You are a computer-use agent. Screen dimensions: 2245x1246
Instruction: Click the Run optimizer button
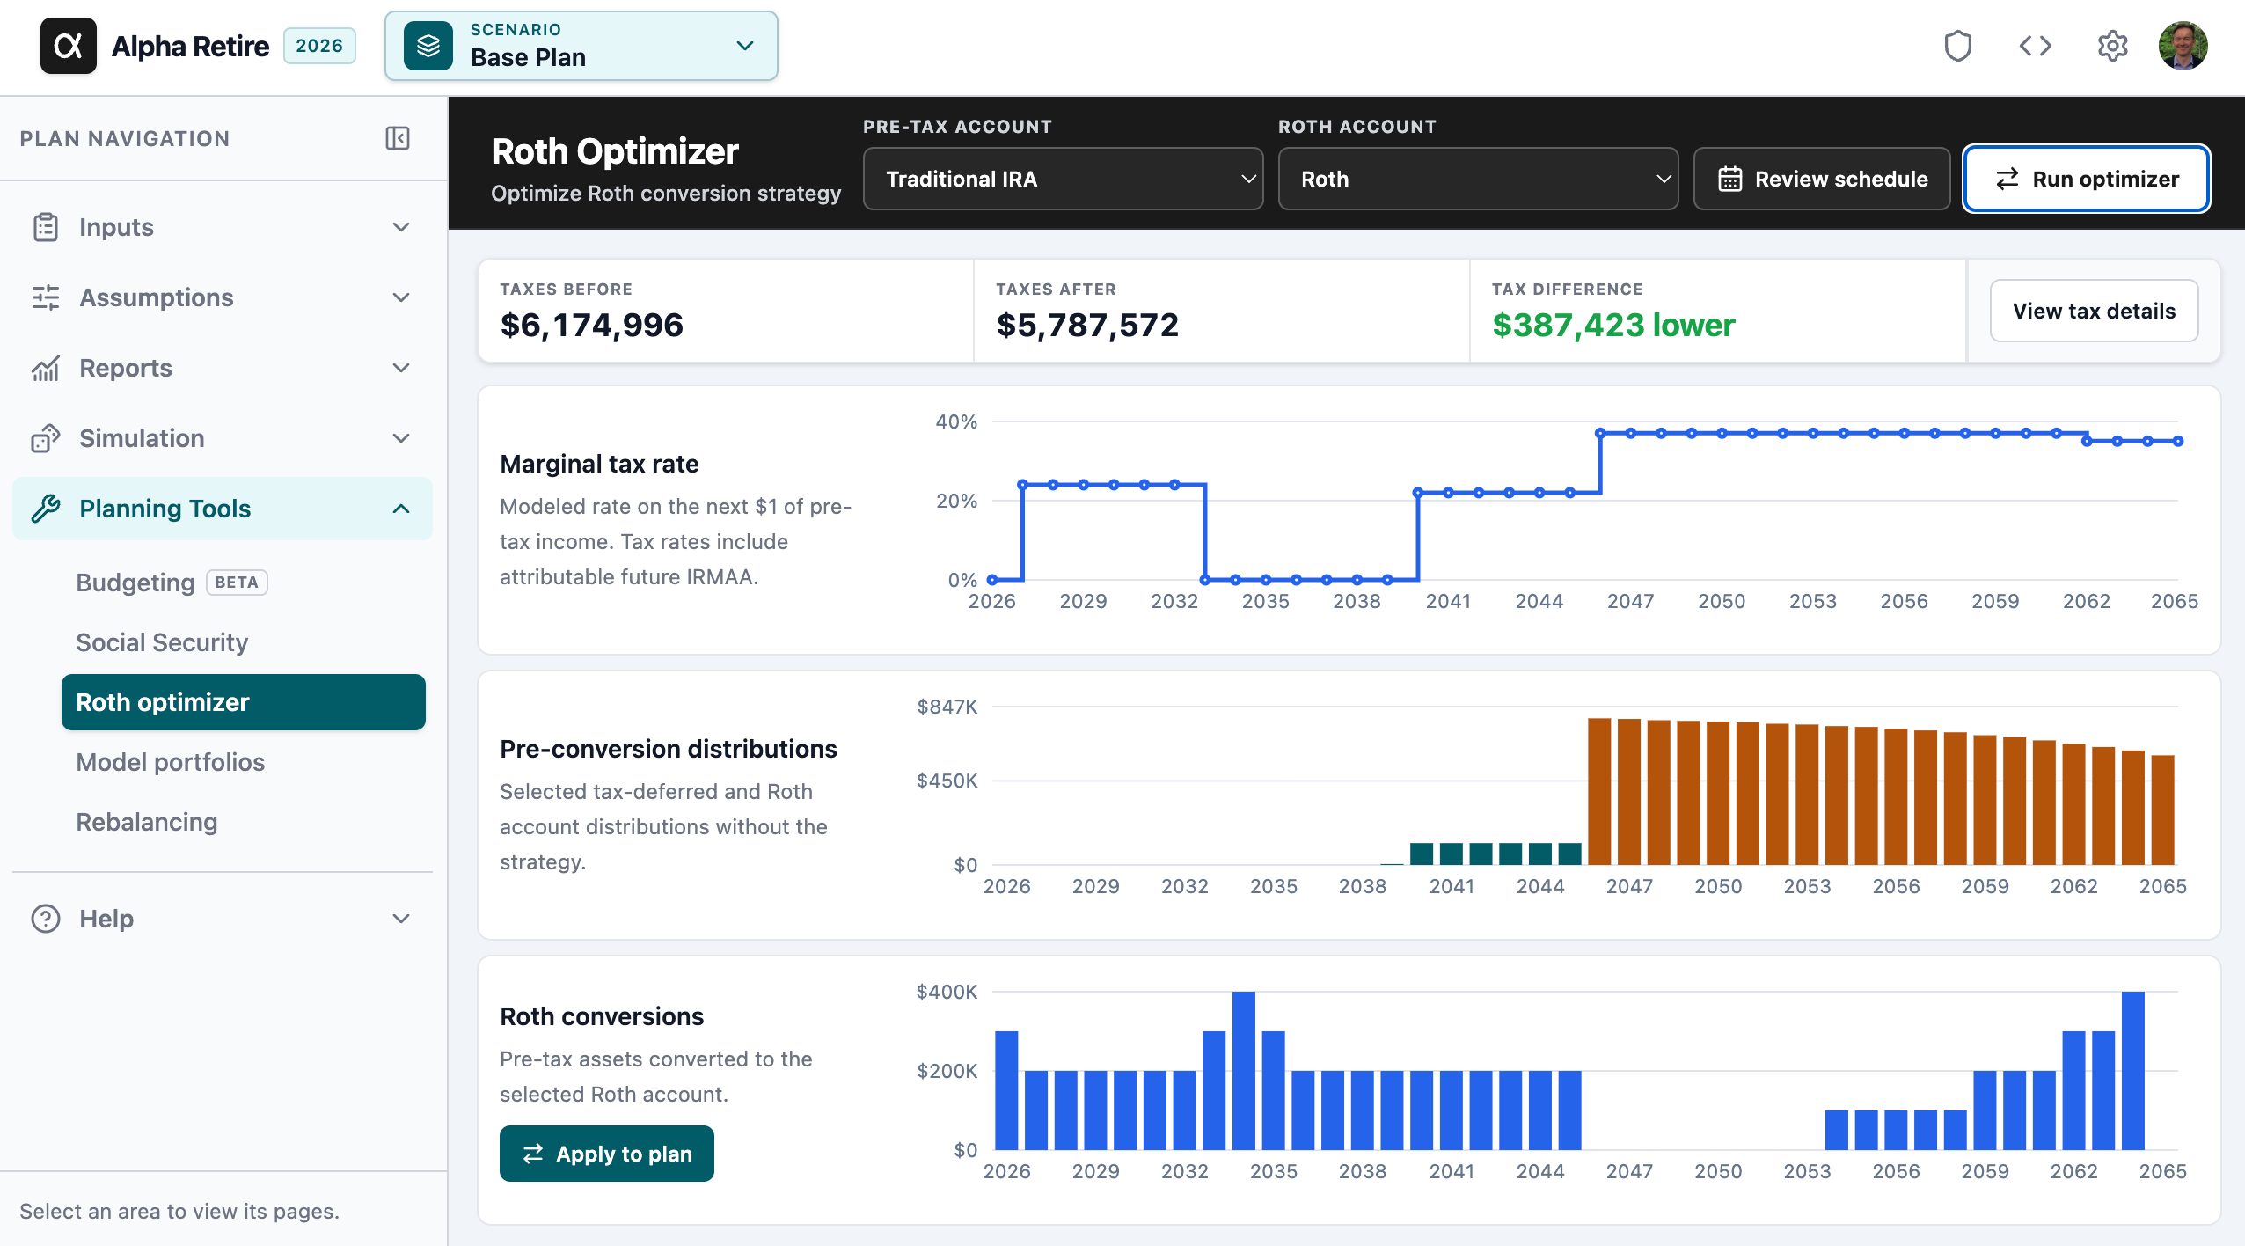[x=2086, y=179]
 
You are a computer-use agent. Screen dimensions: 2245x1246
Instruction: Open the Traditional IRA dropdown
[x=1063, y=179]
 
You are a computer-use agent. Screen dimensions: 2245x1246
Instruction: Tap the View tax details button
[x=2094, y=311]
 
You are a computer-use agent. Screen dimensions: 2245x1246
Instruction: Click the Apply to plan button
[x=607, y=1154]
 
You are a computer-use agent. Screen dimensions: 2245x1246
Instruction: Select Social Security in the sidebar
[x=162, y=642]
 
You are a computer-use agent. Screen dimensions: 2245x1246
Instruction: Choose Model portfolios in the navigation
[x=171, y=762]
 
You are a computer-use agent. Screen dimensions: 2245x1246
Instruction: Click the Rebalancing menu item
[x=147, y=822]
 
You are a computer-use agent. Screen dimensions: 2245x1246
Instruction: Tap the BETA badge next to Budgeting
[x=237, y=583]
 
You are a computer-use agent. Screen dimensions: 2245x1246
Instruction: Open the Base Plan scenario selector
[x=581, y=46]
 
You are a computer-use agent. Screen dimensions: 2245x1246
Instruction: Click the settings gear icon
[x=2112, y=46]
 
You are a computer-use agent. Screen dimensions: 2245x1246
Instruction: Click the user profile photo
[x=2183, y=46]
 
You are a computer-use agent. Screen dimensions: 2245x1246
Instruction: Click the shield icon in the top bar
[x=1958, y=46]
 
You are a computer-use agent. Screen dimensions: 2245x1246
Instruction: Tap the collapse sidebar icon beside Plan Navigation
[x=398, y=138]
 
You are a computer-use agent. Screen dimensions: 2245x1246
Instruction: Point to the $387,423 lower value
[x=1613, y=325]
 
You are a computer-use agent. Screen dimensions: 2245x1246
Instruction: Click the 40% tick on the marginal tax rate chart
[x=956, y=421]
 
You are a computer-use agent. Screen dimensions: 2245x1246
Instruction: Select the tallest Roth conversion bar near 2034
[x=1244, y=1071]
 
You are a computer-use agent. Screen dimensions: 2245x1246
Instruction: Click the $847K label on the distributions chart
[x=947, y=707]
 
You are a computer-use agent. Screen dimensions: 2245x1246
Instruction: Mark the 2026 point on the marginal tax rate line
[x=992, y=580]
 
